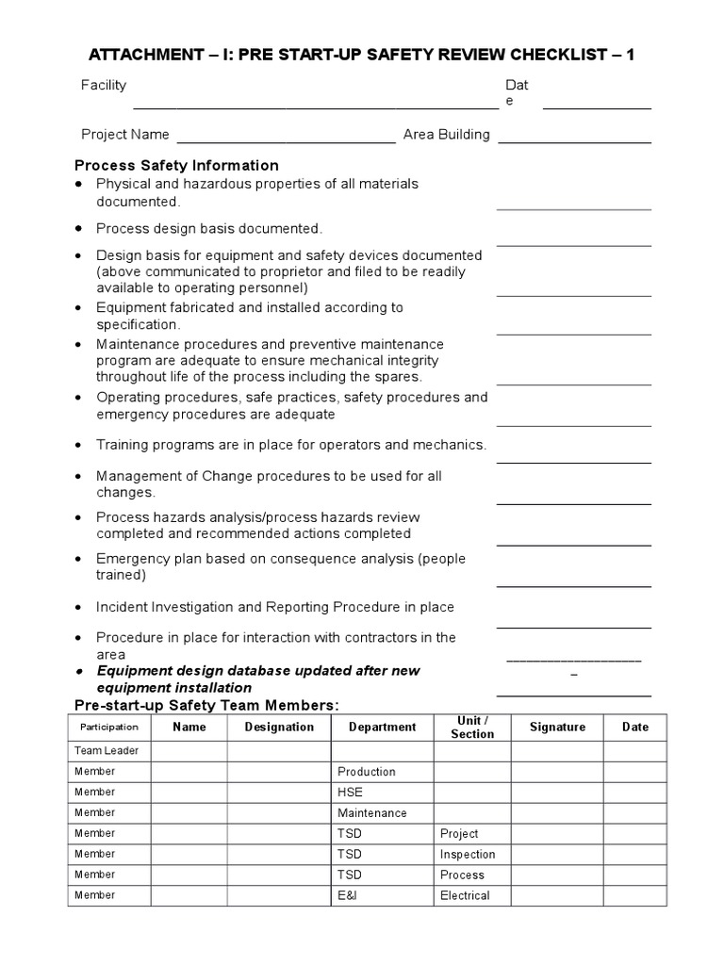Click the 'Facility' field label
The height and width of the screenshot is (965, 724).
coord(104,86)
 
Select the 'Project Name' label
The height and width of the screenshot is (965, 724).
coord(125,135)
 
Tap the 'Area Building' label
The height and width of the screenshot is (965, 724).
coord(446,135)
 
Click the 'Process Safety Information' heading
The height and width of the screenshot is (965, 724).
coord(176,166)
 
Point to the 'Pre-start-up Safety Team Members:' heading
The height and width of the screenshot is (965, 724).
coord(206,706)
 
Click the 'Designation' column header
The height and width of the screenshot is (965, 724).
coord(279,728)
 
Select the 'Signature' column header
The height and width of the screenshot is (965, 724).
coord(557,728)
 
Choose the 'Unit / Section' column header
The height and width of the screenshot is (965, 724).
coord(471,728)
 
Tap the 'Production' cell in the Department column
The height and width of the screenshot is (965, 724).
coord(366,772)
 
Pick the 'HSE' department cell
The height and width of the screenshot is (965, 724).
coord(350,793)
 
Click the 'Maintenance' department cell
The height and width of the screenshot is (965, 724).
coord(372,813)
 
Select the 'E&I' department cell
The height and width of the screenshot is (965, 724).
coord(348,895)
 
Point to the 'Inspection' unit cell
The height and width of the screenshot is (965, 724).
coord(468,855)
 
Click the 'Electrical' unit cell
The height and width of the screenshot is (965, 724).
coord(465,895)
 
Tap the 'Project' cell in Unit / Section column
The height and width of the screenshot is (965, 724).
coord(459,834)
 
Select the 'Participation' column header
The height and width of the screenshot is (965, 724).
coord(108,728)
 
